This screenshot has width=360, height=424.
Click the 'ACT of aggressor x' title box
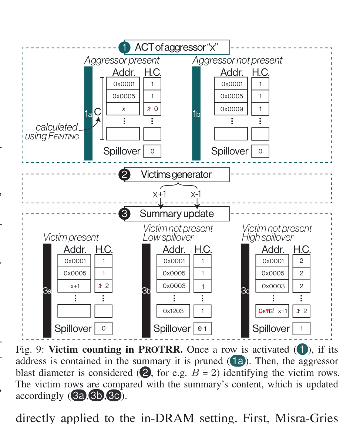(176, 47)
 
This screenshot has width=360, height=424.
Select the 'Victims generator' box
(176, 174)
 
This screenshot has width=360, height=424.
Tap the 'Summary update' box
(176, 214)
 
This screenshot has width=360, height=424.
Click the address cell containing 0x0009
(231, 109)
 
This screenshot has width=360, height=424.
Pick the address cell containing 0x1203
(173, 311)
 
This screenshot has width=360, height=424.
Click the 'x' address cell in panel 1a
(123, 109)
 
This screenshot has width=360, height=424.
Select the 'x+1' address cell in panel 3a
(74, 286)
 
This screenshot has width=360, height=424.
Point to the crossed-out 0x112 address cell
(272, 311)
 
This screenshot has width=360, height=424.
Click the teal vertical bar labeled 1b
(196, 113)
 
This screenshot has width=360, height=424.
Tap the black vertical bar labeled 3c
(245, 291)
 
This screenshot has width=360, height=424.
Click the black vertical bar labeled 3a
(47, 291)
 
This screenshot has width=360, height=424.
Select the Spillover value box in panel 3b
(202, 329)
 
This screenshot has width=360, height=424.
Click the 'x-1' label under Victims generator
(196, 194)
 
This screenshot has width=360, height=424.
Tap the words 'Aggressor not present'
(237, 60)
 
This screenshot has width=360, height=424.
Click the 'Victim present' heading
(71, 237)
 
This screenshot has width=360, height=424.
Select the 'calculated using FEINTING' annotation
(53, 132)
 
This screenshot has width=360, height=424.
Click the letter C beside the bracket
(97, 112)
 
